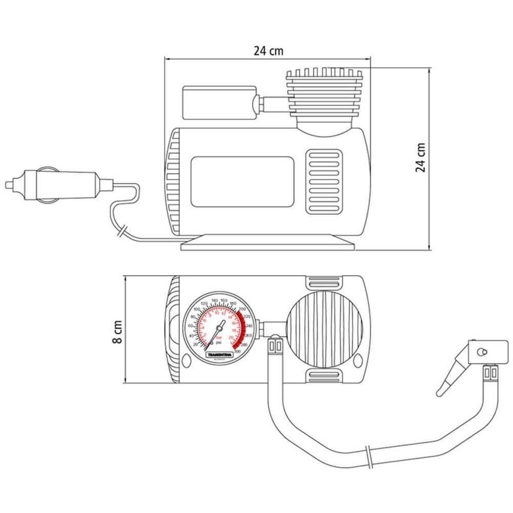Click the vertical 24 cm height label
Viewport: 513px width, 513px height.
[420, 157]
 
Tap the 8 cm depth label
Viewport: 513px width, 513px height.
[116, 332]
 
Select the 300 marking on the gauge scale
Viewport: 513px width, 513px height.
[238, 351]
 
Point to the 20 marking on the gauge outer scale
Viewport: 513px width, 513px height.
[196, 344]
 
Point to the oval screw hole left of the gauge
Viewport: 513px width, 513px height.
[187, 362]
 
